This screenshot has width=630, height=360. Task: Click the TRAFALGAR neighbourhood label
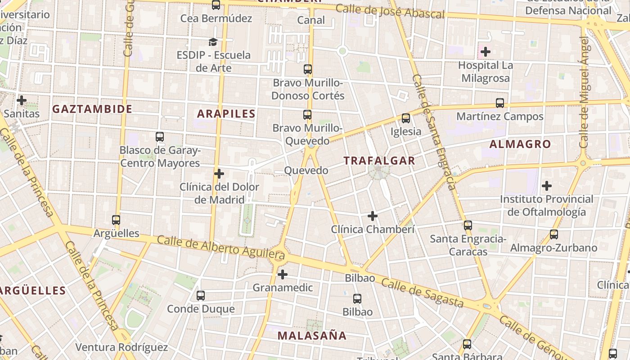point(379,161)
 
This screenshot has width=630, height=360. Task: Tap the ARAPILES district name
point(226,114)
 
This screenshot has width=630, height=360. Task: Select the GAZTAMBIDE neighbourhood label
point(92,109)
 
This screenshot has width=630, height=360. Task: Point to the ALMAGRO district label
point(520,144)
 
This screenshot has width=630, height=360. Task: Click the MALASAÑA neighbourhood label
point(312,336)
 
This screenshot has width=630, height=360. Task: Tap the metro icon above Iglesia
point(406,118)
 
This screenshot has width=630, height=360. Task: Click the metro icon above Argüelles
point(116,220)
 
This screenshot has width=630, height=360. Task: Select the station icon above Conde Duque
point(201,296)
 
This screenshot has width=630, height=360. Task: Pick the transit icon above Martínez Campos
point(500,103)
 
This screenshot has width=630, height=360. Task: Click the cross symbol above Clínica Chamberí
point(373,216)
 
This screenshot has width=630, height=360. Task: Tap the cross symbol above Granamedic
point(283,274)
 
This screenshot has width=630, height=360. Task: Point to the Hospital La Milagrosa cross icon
point(485,52)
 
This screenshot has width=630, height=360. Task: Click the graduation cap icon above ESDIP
point(213,42)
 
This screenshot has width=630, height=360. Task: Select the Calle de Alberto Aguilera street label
point(221,247)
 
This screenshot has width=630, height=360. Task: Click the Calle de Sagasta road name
point(422,292)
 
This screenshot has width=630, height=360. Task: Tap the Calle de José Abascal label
point(390,11)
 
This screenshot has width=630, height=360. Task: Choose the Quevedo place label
point(306,171)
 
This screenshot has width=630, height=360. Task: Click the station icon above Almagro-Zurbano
point(554,234)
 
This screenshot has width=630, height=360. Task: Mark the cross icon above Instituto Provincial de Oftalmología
point(547,185)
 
